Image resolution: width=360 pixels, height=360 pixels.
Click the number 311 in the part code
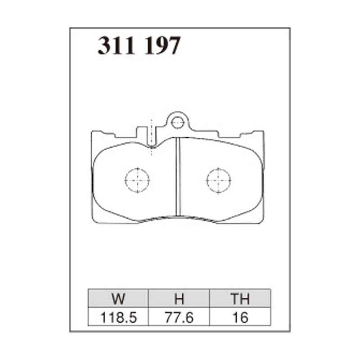[117, 45]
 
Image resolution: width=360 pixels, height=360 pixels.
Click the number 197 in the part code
[162, 45]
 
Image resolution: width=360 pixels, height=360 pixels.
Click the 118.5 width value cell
[118, 318]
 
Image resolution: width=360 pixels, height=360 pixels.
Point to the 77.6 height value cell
[179, 318]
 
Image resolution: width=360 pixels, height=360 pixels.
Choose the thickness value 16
[239, 318]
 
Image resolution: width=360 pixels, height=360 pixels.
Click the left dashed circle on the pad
[137, 180]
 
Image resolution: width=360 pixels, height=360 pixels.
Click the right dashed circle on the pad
[219, 180]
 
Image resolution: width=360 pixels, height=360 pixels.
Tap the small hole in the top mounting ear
[178, 121]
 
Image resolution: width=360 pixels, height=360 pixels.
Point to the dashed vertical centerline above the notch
[152, 130]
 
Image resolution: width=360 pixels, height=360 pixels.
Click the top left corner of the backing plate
[92, 132]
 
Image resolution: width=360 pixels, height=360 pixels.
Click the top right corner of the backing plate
[263, 132]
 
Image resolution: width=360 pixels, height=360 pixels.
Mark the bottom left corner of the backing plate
[93, 222]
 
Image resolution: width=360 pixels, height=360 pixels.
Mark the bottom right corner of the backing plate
[263, 222]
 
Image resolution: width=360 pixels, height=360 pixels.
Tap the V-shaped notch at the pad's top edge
[153, 146]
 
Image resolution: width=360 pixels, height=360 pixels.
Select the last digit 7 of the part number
[174, 45]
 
